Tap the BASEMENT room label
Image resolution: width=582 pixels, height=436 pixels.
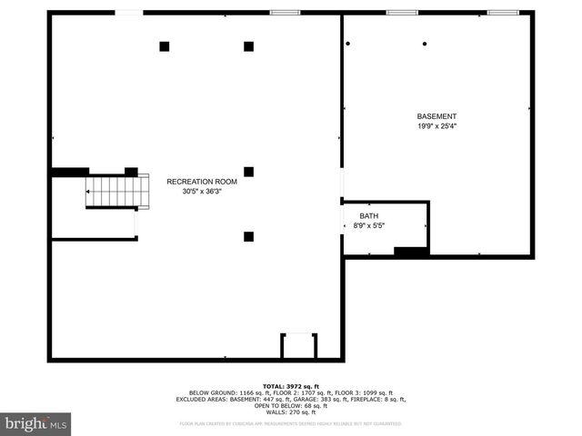click(x=436, y=116)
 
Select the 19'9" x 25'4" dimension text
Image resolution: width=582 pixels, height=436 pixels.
click(x=436, y=126)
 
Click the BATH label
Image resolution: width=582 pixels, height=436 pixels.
click(x=368, y=215)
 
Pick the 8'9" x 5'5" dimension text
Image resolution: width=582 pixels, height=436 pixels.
click(x=368, y=226)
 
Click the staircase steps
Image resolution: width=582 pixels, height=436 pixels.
click(x=113, y=192)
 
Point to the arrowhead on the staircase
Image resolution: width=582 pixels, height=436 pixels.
click(x=89, y=193)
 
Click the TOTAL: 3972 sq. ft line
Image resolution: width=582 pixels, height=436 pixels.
click(x=291, y=386)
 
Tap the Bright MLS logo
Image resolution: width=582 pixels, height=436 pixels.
click(x=36, y=423)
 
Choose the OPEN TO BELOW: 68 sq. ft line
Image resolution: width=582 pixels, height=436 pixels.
click(x=291, y=405)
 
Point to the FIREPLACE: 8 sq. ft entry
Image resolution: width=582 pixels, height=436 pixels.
click(x=381, y=399)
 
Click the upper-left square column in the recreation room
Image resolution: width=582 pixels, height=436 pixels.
click(x=165, y=46)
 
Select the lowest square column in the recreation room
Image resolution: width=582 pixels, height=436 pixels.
click(x=248, y=237)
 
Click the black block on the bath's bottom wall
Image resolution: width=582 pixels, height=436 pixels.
click(x=411, y=251)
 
